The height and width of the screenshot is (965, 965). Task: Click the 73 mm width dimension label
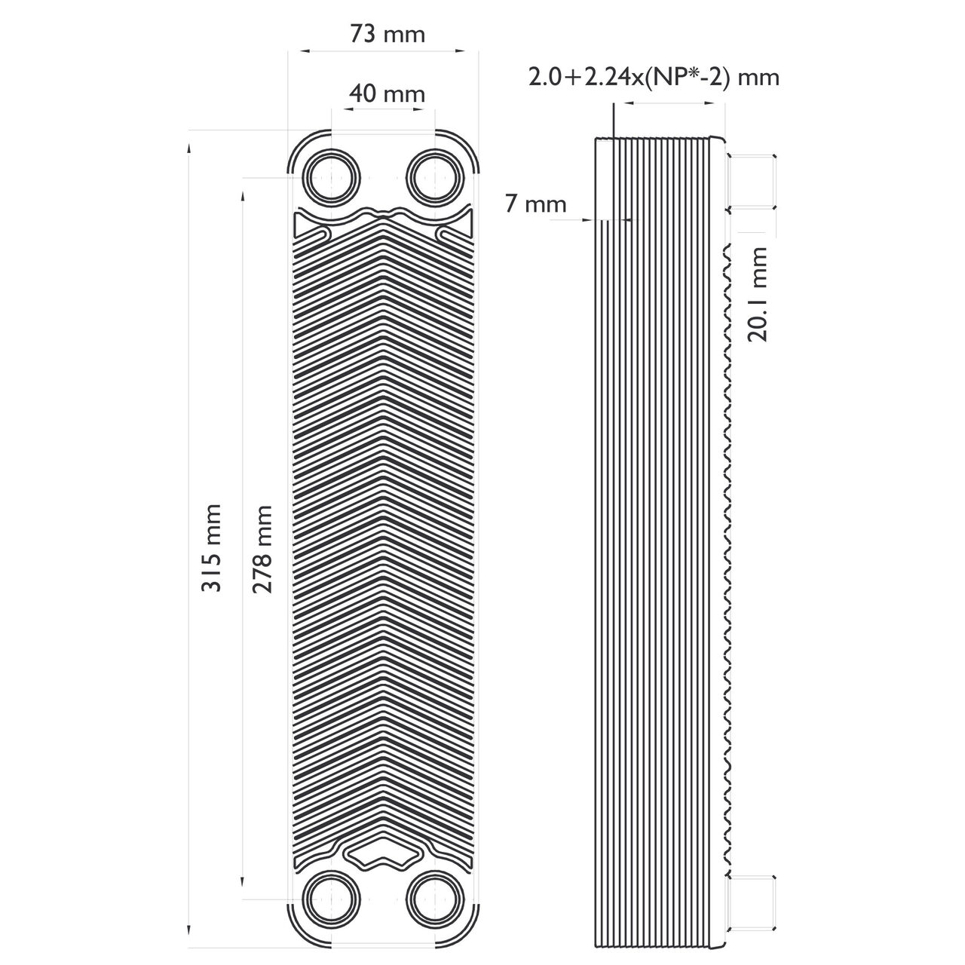(x=387, y=35)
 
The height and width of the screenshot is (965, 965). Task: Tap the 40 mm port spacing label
(x=387, y=93)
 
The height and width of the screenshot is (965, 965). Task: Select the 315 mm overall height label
(x=211, y=548)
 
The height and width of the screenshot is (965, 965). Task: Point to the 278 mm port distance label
(x=262, y=550)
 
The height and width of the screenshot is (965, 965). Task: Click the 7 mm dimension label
(x=536, y=204)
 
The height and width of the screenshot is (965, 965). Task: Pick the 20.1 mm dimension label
(x=757, y=294)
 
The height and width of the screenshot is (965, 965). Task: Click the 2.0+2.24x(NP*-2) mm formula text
(x=654, y=78)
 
